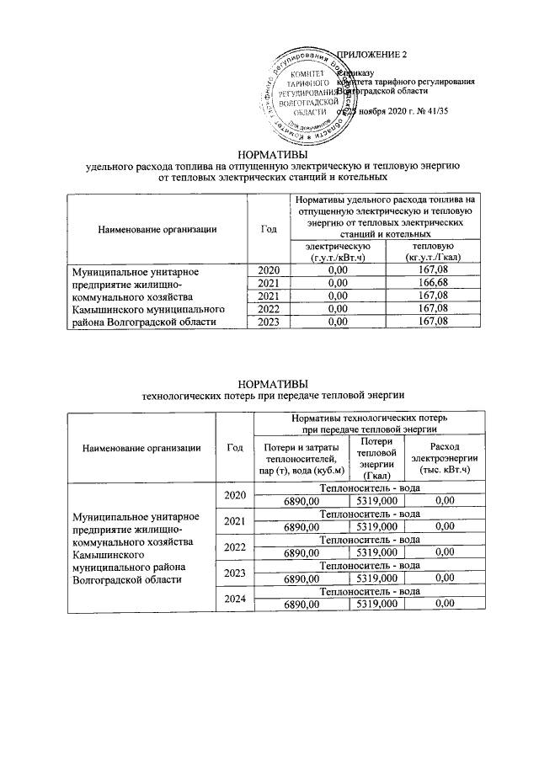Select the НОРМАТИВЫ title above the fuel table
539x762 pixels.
point(270,154)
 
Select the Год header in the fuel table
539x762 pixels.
point(268,228)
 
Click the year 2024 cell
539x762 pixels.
point(236,599)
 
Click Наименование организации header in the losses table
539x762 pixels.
point(141,448)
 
